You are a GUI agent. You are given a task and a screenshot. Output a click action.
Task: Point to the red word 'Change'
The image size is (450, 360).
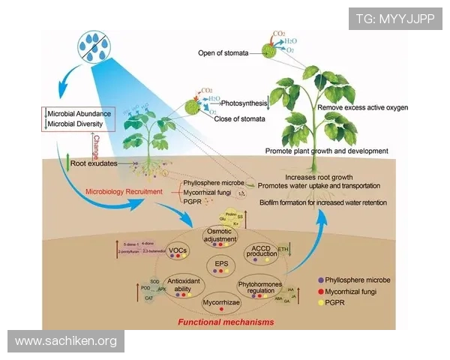tap(95, 145)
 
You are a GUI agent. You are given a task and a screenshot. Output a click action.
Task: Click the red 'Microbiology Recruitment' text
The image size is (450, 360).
tap(129, 191)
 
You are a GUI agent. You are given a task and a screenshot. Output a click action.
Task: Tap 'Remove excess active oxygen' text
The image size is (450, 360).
tap(362, 108)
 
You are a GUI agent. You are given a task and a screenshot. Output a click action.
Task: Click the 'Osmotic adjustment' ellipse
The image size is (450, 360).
tap(222, 236)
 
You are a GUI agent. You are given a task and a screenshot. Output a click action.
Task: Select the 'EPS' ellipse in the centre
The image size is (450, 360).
tap(221, 265)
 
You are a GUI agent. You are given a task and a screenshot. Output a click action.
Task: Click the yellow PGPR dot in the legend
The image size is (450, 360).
tap(322, 303)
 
